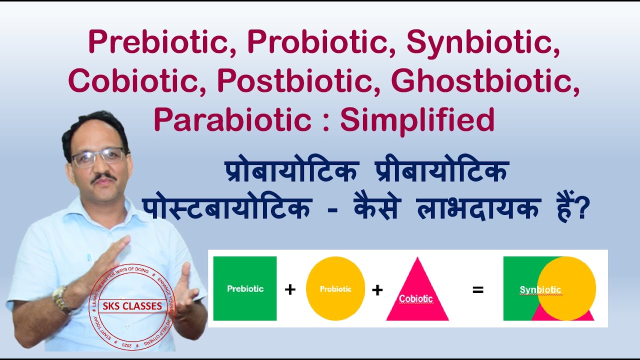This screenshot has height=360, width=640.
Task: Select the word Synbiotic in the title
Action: pos(483,42)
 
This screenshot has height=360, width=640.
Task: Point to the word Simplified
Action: pos(417,120)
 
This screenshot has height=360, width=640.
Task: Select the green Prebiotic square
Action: pos(244,288)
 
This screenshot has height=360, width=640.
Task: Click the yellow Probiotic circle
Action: pos(335,288)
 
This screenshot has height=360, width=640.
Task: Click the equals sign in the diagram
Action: pos(478,289)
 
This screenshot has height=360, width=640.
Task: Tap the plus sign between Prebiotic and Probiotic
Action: pos(290,289)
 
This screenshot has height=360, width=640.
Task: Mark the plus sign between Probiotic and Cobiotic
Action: pos(377,289)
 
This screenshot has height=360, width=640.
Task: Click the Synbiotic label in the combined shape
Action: pos(540,290)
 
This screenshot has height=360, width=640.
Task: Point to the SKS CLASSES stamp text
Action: pos(132,305)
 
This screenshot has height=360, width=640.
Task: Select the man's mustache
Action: pos(104,177)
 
